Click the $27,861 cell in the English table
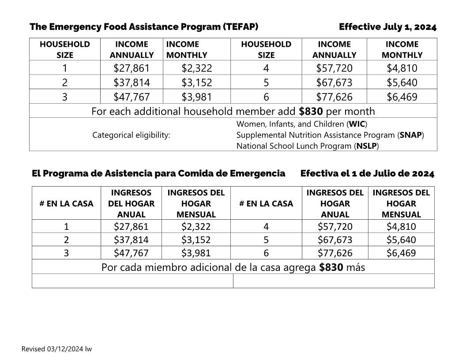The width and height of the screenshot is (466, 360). pos(132,68)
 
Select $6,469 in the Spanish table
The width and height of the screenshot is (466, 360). pos(401,253)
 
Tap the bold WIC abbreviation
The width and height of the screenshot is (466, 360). pos(357,124)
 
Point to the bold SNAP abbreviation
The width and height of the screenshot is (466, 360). pos(411,135)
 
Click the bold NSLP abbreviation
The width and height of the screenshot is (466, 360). pos(366,146)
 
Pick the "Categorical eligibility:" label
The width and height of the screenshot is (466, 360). pos(132,135)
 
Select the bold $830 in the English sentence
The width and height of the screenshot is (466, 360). pos(311,111)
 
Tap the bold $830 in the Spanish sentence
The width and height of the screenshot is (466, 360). pos(331,267)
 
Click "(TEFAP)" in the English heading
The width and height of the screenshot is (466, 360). pos(241,27)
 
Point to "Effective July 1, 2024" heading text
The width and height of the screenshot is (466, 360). pos(387,27)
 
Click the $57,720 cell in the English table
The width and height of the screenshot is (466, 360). pos(334,68)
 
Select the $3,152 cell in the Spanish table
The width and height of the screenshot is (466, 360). pos(196,240)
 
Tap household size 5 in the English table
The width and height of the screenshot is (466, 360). pos(266,82)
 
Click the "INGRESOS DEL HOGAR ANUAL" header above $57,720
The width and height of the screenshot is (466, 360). pos(335,203)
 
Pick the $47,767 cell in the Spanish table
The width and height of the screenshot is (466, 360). pos(131,253)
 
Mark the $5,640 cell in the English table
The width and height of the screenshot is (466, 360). pos(402,82)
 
